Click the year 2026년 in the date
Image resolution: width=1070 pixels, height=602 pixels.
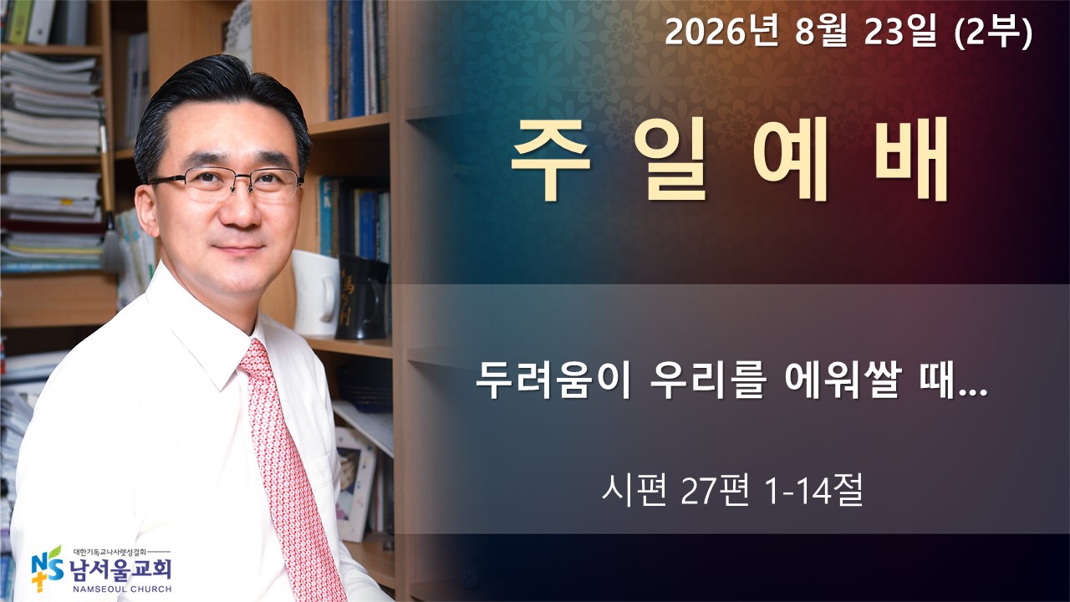click(721, 33)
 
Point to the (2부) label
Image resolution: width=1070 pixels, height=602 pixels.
click(993, 33)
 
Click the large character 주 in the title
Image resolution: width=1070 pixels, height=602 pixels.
click(551, 159)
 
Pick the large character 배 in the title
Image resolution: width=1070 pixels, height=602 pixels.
click(911, 159)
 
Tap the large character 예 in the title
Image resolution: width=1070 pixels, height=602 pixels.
click(791, 159)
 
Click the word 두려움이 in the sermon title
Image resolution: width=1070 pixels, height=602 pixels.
click(553, 380)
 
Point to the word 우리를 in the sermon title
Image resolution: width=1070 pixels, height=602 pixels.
click(708, 380)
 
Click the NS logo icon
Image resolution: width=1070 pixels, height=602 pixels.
click(47, 569)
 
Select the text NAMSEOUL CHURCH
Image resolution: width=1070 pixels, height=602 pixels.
click(122, 589)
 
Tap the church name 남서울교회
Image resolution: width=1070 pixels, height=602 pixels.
click(120, 569)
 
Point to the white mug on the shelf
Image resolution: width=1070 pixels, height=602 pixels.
click(315, 293)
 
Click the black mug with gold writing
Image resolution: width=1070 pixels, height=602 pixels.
click(362, 297)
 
